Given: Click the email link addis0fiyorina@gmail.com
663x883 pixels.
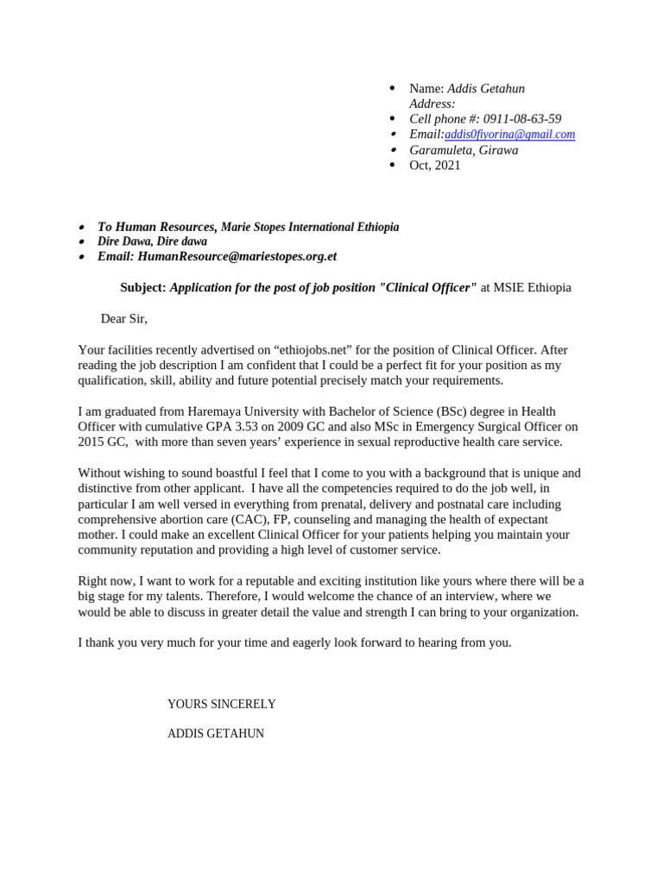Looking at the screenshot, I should point(509,135).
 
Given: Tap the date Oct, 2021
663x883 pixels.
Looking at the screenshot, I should point(435,166).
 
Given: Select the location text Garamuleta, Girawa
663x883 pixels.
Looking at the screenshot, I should point(464,150).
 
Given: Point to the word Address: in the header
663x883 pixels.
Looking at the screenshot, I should point(433,103).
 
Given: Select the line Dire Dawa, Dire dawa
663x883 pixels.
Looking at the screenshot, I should point(152,242).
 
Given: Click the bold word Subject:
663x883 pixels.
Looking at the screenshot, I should point(142,288).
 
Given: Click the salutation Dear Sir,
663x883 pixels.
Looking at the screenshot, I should point(124,319).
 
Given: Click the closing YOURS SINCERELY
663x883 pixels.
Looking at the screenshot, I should point(222,705).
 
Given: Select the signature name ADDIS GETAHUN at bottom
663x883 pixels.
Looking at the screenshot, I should point(216,734).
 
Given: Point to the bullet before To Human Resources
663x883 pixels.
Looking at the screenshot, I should point(82,228).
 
